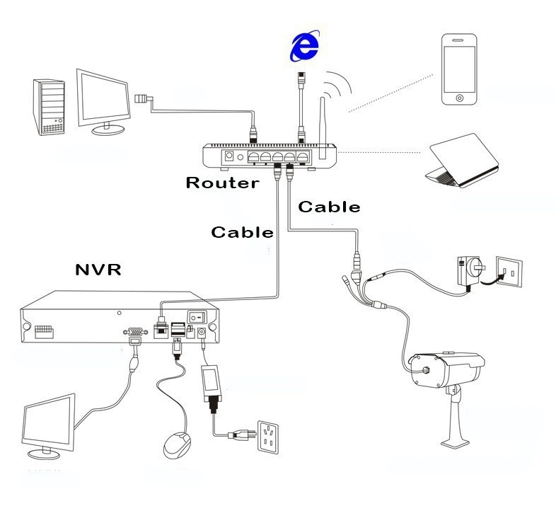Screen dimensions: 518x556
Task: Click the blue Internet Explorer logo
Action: (x=303, y=47)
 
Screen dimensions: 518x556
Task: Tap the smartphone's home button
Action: (x=461, y=97)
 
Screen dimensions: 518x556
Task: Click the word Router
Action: (x=221, y=183)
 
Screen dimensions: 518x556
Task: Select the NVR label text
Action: (x=98, y=270)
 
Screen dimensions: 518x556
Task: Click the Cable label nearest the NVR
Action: (x=243, y=232)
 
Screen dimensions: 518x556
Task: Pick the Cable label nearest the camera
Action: (x=329, y=207)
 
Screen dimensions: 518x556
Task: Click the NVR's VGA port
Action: (x=132, y=331)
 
